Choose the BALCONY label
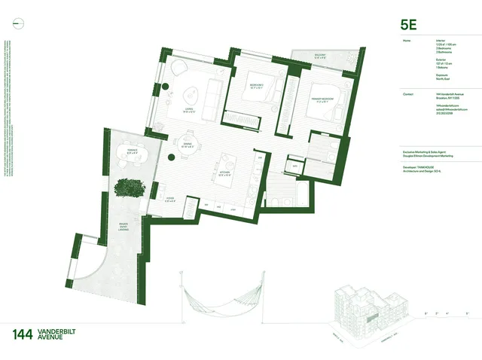[319, 55]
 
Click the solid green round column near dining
[172, 157]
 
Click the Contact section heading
[409, 94]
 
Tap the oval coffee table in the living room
[188, 95]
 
